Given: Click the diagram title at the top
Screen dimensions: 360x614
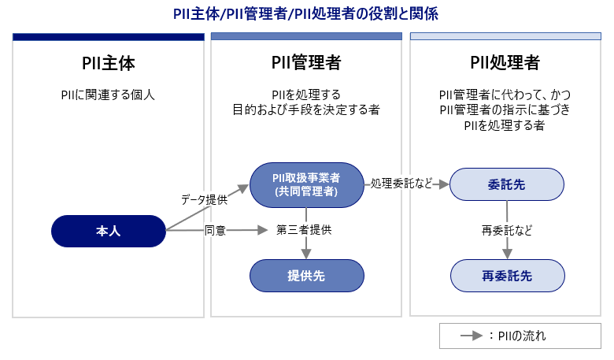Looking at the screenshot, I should [x=306, y=13].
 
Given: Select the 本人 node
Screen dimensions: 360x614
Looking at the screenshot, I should [x=108, y=231].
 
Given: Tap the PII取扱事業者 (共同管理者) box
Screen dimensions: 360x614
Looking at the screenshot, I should [x=306, y=184].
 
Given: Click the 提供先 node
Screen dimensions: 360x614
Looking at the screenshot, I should [x=306, y=276].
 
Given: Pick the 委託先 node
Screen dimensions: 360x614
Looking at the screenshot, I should [x=507, y=184].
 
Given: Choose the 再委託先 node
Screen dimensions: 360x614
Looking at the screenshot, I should [x=507, y=276].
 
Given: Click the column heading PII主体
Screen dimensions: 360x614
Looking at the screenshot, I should [x=108, y=63].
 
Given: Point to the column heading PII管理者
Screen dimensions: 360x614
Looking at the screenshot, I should [x=306, y=63].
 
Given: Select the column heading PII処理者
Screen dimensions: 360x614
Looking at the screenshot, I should [x=506, y=63].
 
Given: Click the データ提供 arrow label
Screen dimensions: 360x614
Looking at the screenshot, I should [x=204, y=200].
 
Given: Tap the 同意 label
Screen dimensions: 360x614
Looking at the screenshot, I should [x=215, y=231].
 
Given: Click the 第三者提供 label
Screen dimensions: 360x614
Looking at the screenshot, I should [x=304, y=231].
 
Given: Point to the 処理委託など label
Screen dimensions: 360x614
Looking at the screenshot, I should [x=401, y=184].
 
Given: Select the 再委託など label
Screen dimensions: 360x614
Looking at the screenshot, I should [x=507, y=231].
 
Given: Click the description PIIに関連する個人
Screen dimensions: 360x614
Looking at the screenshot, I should [x=108, y=95].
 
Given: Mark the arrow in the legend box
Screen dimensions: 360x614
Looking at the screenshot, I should [x=471, y=336].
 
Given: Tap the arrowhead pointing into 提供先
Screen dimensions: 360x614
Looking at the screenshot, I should [x=306, y=254].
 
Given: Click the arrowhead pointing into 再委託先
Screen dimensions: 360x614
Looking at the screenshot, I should [x=507, y=254].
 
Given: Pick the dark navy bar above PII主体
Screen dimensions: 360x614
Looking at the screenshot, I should [x=108, y=37].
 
